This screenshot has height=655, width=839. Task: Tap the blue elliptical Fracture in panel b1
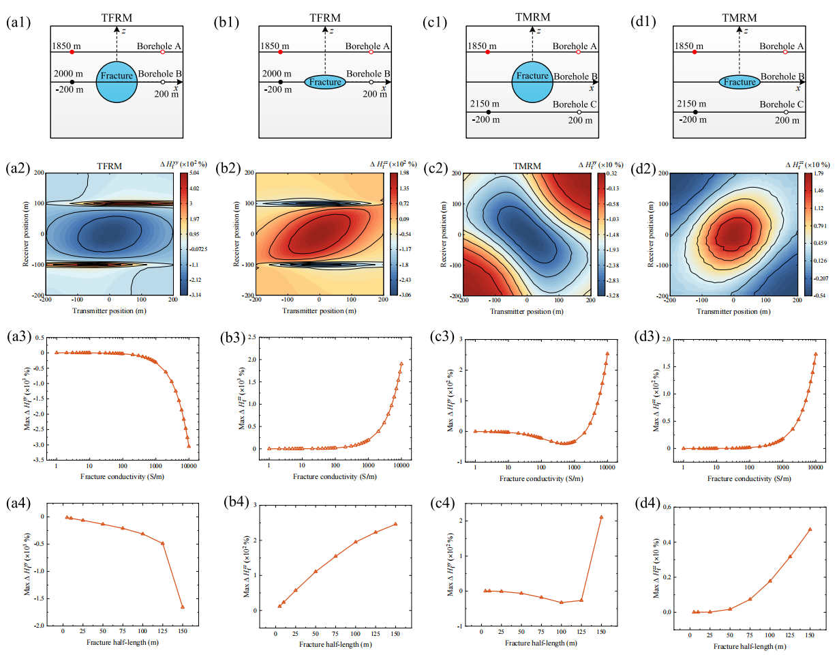[325, 82]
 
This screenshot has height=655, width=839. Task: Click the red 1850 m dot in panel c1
[488, 52]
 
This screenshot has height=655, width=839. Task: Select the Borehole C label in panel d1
[783, 104]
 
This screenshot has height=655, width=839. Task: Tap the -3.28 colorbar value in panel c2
[613, 295]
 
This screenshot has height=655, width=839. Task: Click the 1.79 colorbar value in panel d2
[820, 174]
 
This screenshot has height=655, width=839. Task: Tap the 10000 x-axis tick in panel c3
[608, 469]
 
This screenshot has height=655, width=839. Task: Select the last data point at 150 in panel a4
[183, 607]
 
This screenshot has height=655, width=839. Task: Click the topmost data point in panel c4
[601, 517]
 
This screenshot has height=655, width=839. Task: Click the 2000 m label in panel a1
[70, 74]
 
